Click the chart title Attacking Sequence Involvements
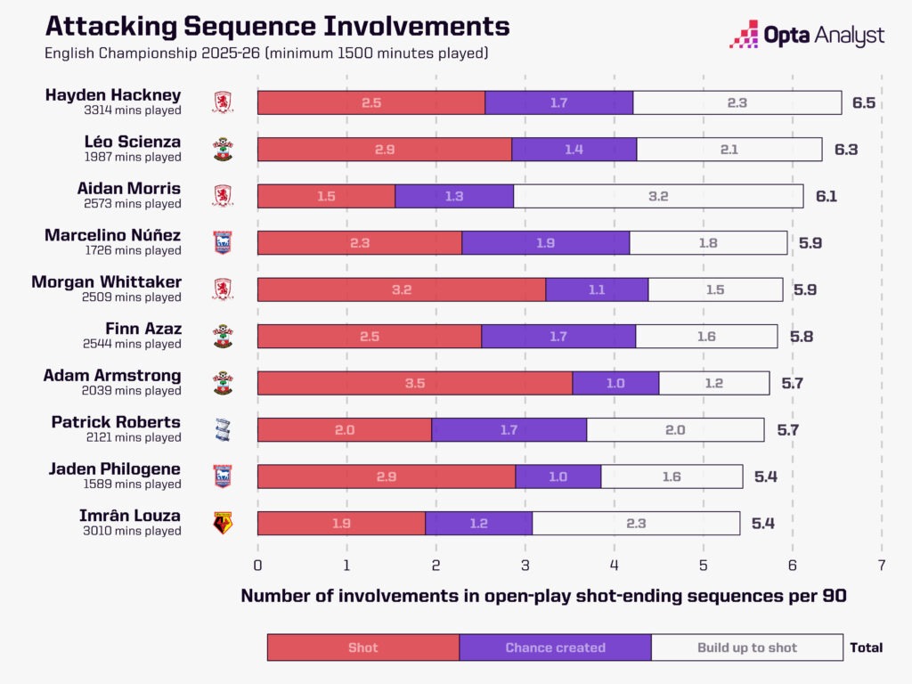point(277,25)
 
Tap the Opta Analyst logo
point(807,35)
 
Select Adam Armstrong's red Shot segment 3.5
point(414,383)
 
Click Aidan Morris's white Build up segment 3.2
point(658,196)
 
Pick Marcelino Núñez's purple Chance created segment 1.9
point(545,242)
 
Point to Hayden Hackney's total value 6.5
point(863,102)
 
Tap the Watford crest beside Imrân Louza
point(223,523)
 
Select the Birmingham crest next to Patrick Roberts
point(223,429)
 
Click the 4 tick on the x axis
point(614,565)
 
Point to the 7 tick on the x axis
point(881,565)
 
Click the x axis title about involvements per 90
point(543,597)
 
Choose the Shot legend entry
point(362,647)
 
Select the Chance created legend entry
point(555,647)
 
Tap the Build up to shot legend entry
point(746,647)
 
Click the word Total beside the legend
point(866,647)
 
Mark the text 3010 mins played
point(133,531)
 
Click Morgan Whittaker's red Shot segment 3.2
point(401,289)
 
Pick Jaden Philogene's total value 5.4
point(766,476)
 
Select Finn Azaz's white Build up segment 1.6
point(706,336)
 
